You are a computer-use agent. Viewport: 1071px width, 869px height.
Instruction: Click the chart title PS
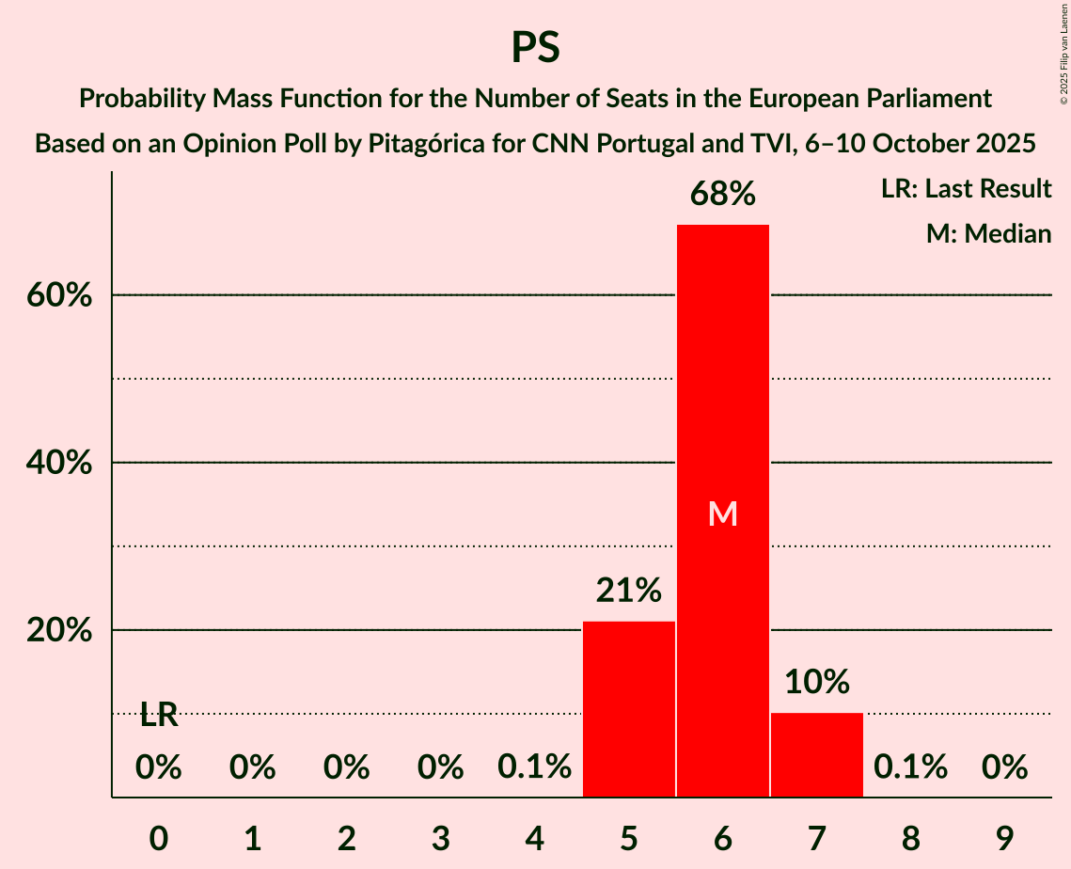point(535,47)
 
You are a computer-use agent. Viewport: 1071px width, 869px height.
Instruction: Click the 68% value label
point(723,195)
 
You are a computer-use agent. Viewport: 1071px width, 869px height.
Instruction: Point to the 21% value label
point(629,591)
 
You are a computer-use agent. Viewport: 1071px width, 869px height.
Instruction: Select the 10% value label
point(817,682)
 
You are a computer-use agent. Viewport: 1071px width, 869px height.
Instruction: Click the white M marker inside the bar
point(723,513)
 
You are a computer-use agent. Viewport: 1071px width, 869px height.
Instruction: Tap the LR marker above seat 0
point(159,716)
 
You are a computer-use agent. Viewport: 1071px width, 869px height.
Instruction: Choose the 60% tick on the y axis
point(58,295)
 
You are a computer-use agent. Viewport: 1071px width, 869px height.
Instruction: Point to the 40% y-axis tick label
point(58,463)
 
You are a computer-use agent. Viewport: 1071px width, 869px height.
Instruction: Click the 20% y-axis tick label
point(58,630)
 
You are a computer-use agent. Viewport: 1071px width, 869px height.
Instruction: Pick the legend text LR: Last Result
point(966,189)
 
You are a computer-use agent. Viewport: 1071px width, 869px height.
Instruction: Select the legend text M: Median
point(988,234)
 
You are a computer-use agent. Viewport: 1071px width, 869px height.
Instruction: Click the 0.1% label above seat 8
point(910,768)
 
